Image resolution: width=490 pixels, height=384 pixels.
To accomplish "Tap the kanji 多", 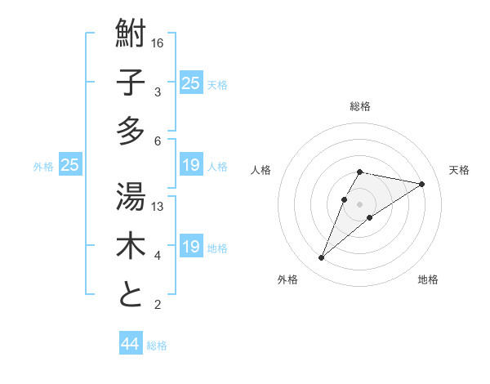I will pos(131,131).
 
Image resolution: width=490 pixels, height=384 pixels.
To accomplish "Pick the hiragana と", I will pos(131,295).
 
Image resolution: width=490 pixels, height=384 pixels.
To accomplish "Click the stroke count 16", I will pos(158,42).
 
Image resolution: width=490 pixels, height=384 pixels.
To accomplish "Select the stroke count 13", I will pos(158,207).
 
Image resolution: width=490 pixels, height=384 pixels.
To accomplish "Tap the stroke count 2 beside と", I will pos(158,306).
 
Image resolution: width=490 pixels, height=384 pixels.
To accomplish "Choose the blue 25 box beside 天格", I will pos(191,83).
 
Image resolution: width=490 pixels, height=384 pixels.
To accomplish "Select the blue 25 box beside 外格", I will pos(69,165).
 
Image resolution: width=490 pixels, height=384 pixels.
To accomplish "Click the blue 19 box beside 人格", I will pos(191,165).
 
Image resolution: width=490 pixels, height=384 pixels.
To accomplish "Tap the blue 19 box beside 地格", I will pos(191,247).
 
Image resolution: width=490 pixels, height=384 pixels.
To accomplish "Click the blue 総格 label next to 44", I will pos(157,346).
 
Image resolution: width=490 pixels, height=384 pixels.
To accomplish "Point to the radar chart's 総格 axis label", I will pos(360,106).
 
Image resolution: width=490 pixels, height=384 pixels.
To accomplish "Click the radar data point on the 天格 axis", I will pos(421,184).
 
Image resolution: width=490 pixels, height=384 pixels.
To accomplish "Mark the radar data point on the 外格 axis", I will pos(322,258).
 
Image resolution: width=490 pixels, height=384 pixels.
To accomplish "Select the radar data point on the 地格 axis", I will pos(370,217).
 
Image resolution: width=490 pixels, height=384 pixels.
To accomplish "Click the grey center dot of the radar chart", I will pos(360,203).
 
